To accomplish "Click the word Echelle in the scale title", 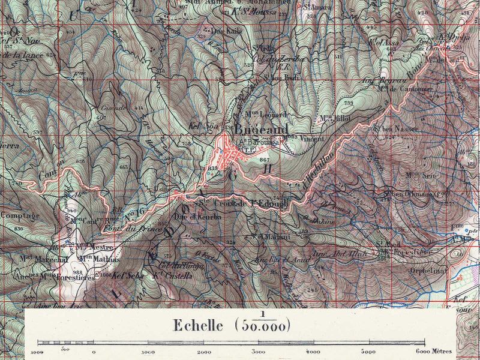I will pyautogui.click(x=198, y=326).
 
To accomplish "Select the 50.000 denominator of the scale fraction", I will pyautogui.click(x=263, y=326).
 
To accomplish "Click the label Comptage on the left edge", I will pyautogui.click(x=20, y=215).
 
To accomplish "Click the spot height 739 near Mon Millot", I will pyautogui.click(x=349, y=104).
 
